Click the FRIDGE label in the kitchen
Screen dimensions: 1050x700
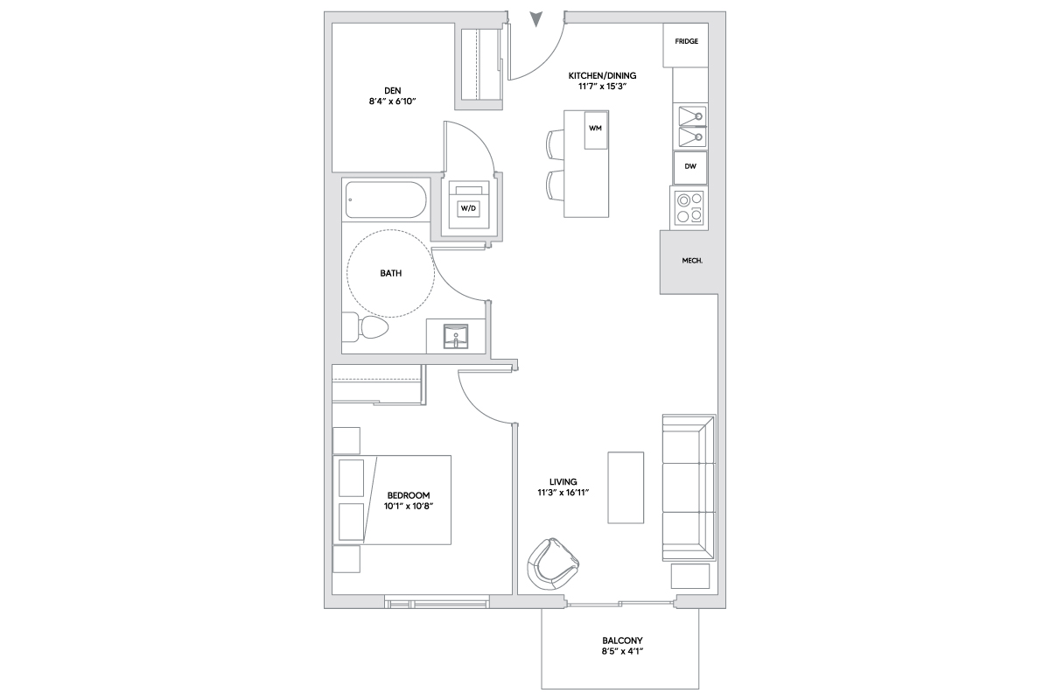coord(686,41)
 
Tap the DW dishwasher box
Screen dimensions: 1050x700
coord(690,167)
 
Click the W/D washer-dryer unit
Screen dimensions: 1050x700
coord(468,208)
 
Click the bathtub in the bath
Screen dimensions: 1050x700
coord(386,199)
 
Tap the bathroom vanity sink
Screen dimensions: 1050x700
coord(456,336)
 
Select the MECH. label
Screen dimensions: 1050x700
coord(692,261)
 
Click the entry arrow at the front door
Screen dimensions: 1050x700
coord(535,18)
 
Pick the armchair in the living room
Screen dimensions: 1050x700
coord(552,564)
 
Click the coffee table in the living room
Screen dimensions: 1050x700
coord(626,487)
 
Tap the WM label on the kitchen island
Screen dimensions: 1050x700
coord(595,128)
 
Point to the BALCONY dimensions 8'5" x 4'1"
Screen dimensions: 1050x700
coord(622,651)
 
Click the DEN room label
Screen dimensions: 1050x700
coord(393,90)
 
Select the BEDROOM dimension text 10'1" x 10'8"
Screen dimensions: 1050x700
coord(409,506)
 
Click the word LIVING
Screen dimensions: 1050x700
coord(563,481)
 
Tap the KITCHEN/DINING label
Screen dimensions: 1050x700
coord(602,75)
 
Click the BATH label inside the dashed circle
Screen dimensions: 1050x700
coord(391,273)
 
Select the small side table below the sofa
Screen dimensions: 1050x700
coord(690,577)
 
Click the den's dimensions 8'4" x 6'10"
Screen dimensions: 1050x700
coord(393,101)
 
